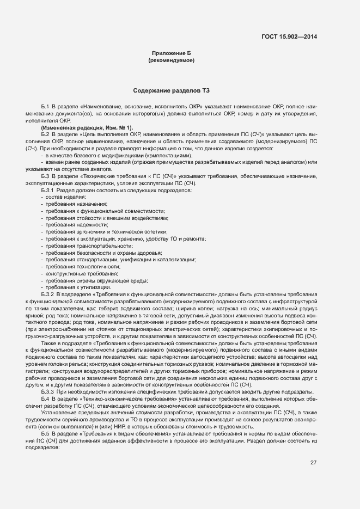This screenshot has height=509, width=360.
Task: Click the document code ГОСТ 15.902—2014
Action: tap(290, 37)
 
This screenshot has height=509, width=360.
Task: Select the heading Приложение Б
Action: tap(172, 53)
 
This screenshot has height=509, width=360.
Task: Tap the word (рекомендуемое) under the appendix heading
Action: tap(172, 60)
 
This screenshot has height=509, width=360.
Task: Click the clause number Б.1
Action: tap(45, 106)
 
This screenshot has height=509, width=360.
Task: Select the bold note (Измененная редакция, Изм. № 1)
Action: tap(87, 127)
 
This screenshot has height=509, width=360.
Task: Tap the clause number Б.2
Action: tap(45, 134)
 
